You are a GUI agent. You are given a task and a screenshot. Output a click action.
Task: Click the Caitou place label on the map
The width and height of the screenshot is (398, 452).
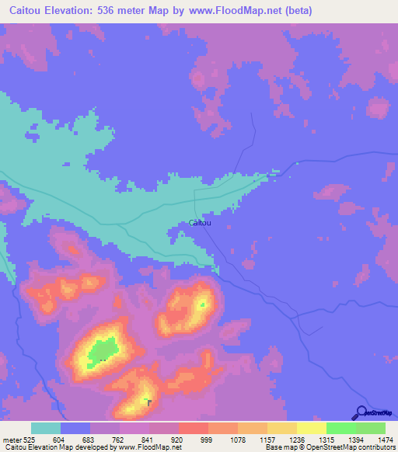[200, 223]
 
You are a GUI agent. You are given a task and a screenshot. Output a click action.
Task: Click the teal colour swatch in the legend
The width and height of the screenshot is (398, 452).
[46, 428]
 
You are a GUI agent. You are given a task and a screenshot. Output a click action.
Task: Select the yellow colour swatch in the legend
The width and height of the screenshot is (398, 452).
[312, 428]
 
